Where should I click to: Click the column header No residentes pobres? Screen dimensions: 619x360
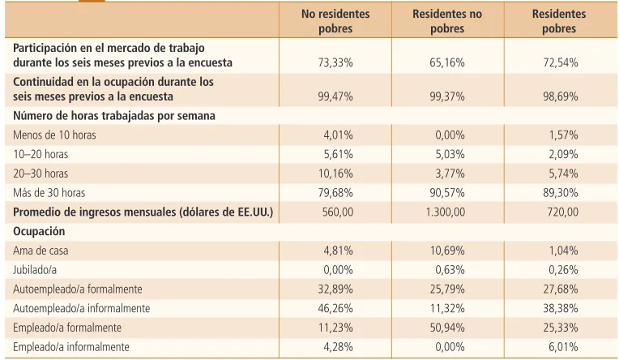(x=335, y=21)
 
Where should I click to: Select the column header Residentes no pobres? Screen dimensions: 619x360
(x=447, y=21)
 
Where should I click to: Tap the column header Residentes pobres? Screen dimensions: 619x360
(x=559, y=21)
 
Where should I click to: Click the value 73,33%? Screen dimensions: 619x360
(x=335, y=62)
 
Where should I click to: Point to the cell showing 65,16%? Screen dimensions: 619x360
(x=447, y=62)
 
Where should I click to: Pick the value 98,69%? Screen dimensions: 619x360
(x=561, y=96)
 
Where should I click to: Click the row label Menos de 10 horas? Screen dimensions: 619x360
(x=54, y=135)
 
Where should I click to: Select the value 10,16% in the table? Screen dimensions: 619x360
(x=335, y=174)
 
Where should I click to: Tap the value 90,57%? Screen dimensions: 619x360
(x=447, y=193)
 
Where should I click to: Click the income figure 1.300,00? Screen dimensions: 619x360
(x=446, y=212)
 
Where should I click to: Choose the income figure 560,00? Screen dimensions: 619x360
(x=338, y=212)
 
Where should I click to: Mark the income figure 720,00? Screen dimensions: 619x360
(x=563, y=212)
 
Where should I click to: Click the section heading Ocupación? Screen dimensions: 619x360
(x=39, y=231)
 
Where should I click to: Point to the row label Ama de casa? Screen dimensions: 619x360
(x=41, y=251)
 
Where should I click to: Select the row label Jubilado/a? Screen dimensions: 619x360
(x=35, y=270)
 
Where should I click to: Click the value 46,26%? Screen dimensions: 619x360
(x=335, y=308)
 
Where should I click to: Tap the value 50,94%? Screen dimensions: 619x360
(x=447, y=328)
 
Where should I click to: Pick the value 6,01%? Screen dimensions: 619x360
(x=563, y=347)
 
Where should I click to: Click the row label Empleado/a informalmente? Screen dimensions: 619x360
(x=71, y=347)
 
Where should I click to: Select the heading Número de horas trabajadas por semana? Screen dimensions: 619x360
(x=114, y=116)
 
